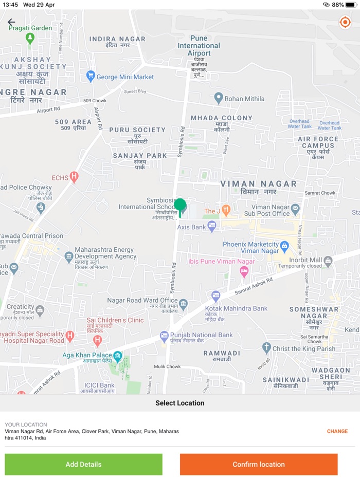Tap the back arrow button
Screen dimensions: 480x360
[11, 22]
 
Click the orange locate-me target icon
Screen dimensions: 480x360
[345, 22]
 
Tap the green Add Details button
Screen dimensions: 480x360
[83, 464]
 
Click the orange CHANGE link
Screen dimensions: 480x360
[337, 431]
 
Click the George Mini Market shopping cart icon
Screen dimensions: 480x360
[91, 77]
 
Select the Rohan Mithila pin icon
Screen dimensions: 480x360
[218, 98]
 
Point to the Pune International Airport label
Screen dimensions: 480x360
[199, 46]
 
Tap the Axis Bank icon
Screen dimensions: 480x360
[212, 227]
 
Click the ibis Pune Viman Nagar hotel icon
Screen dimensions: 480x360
[244, 270]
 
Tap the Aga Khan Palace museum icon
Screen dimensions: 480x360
[118, 356]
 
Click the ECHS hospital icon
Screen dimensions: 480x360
[74, 178]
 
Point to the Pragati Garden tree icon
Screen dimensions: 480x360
[30, 38]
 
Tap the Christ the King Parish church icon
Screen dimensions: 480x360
[266, 348]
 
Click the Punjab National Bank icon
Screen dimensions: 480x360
[164, 336]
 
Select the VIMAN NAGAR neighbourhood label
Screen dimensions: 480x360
[259, 184]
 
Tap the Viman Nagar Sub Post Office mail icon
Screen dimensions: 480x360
[295, 209]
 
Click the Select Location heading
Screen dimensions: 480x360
[180, 403]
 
